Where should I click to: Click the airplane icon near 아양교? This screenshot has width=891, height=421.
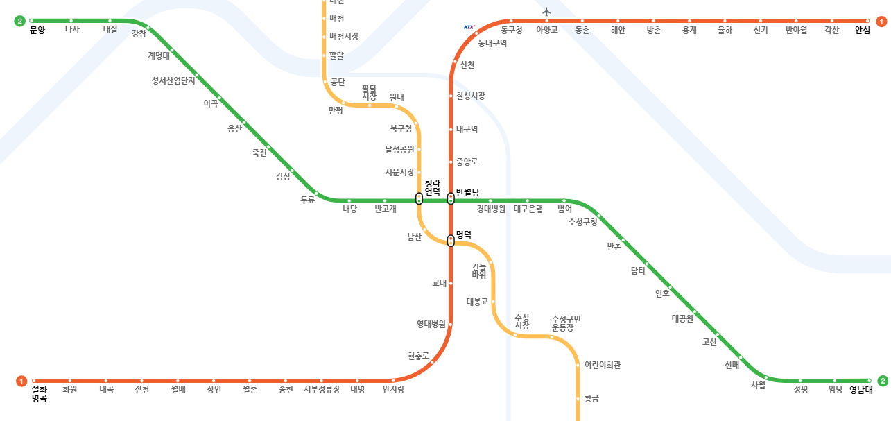pyautogui.click(x=546, y=11)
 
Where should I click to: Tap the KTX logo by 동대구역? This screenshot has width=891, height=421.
pyautogui.click(x=469, y=28)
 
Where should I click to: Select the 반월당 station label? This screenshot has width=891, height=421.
pyautogui.click(x=467, y=192)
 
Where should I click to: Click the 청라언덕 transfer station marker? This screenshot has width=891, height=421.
pyautogui.click(x=419, y=199)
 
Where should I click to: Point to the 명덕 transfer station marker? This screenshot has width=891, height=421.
pyautogui.click(x=451, y=241)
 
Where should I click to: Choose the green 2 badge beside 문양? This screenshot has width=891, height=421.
pyautogui.click(x=19, y=21)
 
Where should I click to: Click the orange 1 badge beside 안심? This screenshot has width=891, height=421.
pyautogui.click(x=881, y=22)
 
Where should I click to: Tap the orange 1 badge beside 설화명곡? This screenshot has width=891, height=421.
pyautogui.click(x=21, y=381)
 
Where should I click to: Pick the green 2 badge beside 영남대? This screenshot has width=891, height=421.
pyautogui.click(x=883, y=381)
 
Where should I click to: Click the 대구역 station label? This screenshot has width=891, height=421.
pyautogui.click(x=467, y=129)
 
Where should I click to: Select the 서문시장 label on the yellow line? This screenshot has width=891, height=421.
pyautogui.click(x=399, y=172)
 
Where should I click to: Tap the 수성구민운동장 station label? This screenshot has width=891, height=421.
pyautogui.click(x=566, y=323)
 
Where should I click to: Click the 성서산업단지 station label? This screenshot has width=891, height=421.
pyautogui.click(x=173, y=80)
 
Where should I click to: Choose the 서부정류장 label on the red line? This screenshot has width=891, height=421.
pyautogui.click(x=322, y=390)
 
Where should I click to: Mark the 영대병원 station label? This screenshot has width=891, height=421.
pyautogui.click(x=431, y=324)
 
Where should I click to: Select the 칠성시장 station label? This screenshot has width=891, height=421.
pyautogui.click(x=471, y=96)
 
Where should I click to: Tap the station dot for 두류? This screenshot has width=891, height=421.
pyautogui.click(x=316, y=193)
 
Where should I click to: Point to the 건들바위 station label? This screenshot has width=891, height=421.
pyautogui.click(x=479, y=270)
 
